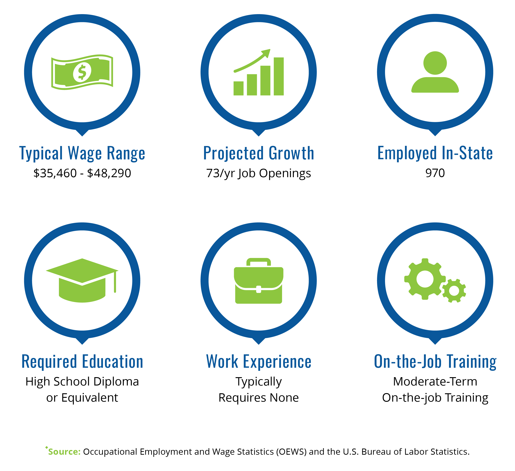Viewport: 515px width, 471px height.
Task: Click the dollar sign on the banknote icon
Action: pyautogui.click(x=82, y=72)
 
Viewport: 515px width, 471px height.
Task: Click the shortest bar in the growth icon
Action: pyautogui.click(x=238, y=88)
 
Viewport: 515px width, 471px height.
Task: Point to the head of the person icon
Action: pyautogui.click(x=435, y=63)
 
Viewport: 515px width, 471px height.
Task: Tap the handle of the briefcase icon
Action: pyautogui.click(x=258, y=262)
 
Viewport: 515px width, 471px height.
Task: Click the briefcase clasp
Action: pyautogui.click(x=258, y=289)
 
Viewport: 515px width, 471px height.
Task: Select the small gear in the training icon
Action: pyautogui.click(x=454, y=291)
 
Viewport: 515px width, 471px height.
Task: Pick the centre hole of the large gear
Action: pyautogui.click(x=425, y=279)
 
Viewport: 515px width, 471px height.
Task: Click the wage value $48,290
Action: pyautogui.click(x=109, y=173)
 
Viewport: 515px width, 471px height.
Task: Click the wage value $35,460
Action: pyautogui.click(x=55, y=173)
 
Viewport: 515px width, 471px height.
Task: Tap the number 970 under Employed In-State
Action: pyautogui.click(x=435, y=173)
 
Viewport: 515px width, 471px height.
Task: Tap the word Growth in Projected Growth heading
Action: pyautogui.click(x=291, y=153)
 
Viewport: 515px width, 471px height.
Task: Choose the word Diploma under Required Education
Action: pyautogui.click(x=116, y=382)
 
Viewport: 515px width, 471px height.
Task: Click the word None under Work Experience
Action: pyautogui.click(x=284, y=398)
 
